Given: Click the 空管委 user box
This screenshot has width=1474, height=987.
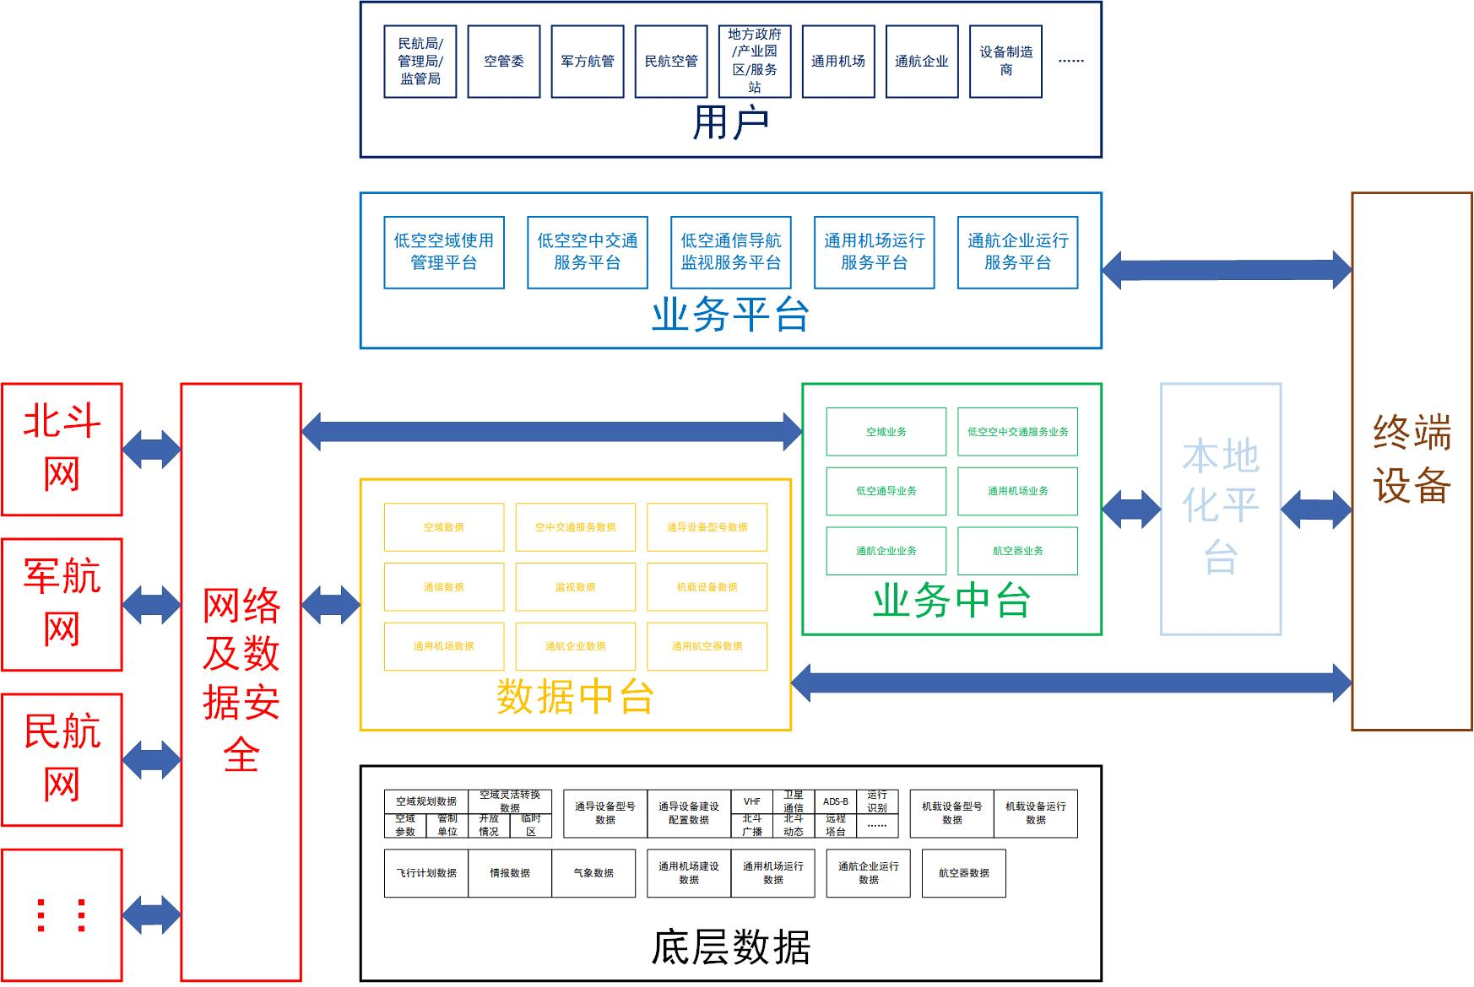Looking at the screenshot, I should click(x=503, y=62).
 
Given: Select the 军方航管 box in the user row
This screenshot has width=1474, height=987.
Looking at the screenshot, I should click(x=588, y=62).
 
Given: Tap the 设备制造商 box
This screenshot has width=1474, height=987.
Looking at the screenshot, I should click(x=1005, y=62).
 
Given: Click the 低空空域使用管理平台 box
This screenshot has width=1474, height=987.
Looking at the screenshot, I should click(x=444, y=252).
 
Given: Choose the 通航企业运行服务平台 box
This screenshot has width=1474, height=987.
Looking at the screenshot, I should click(x=1017, y=252).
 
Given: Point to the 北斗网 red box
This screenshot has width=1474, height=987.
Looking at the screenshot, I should click(x=62, y=449).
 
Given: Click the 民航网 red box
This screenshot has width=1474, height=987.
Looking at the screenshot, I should click(x=62, y=759).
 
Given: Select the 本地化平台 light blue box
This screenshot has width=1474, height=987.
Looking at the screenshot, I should click(x=1221, y=509).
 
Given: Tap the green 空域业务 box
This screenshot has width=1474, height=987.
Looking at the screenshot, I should click(x=886, y=432).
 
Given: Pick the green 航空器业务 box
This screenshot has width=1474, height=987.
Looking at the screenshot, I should click(x=1017, y=551).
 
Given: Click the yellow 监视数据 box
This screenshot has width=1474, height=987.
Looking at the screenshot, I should click(x=575, y=587).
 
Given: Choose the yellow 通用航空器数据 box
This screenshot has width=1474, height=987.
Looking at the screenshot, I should click(x=707, y=646).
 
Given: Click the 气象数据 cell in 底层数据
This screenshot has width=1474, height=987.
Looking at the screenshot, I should click(x=593, y=873).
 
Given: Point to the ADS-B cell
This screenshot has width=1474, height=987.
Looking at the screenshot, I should click(x=836, y=801).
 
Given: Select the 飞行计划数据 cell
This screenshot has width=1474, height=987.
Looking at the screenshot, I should click(x=426, y=873).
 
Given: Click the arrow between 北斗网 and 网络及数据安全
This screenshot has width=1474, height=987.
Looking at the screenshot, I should click(x=152, y=449).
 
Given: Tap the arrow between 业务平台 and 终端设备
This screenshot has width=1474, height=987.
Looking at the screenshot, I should click(x=1227, y=270).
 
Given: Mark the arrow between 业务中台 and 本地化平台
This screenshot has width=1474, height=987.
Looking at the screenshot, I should click(x=1131, y=509).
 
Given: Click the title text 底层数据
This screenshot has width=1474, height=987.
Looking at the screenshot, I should click(x=730, y=947).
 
